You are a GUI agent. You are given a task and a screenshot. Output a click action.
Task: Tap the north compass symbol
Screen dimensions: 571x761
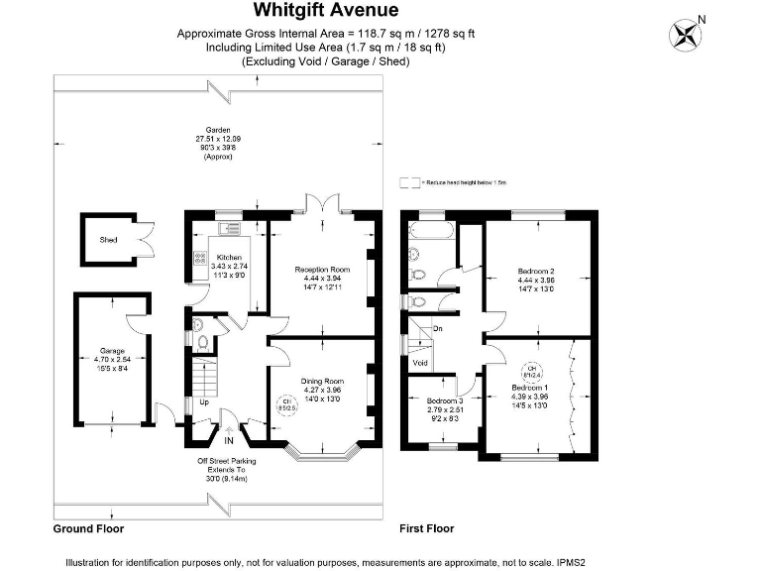[685, 35]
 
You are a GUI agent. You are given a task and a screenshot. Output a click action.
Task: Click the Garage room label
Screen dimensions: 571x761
[111, 351]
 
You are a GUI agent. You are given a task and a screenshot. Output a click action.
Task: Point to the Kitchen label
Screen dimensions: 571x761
[229, 258]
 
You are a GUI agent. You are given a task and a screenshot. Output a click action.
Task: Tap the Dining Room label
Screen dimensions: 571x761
[321, 382]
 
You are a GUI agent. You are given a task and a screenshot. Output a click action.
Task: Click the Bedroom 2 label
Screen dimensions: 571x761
[535, 271]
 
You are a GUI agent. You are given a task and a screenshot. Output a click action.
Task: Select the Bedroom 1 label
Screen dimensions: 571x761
[529, 388]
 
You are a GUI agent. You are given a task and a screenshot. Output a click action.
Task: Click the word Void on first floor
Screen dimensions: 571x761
[419, 363]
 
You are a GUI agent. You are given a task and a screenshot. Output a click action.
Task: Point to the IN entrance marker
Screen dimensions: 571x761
[229, 440]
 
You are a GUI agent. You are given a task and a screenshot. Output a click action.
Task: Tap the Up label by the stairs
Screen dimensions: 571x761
[204, 403]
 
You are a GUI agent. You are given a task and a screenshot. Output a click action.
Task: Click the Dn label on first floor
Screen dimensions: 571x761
[437, 328]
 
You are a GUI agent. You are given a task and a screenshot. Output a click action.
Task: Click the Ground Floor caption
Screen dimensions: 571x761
[88, 529]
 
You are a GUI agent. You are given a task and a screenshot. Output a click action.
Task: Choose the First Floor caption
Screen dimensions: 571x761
[427, 529]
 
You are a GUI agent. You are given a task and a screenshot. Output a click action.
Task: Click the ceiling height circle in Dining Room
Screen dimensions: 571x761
[284, 405]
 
